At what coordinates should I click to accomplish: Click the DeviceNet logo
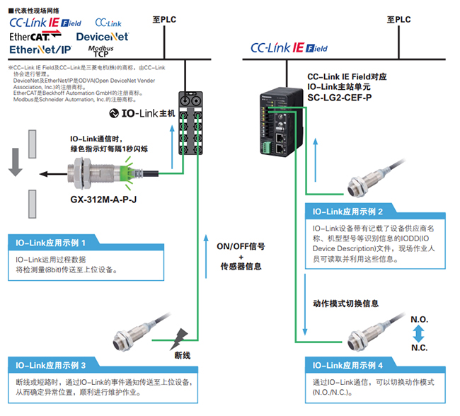tap(102, 35)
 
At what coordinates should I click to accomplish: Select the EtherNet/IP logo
tap(41, 50)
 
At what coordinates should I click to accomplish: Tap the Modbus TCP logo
tap(100, 50)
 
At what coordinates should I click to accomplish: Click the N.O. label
tap(420, 319)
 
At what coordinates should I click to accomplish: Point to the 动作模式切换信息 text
tap(345, 303)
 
